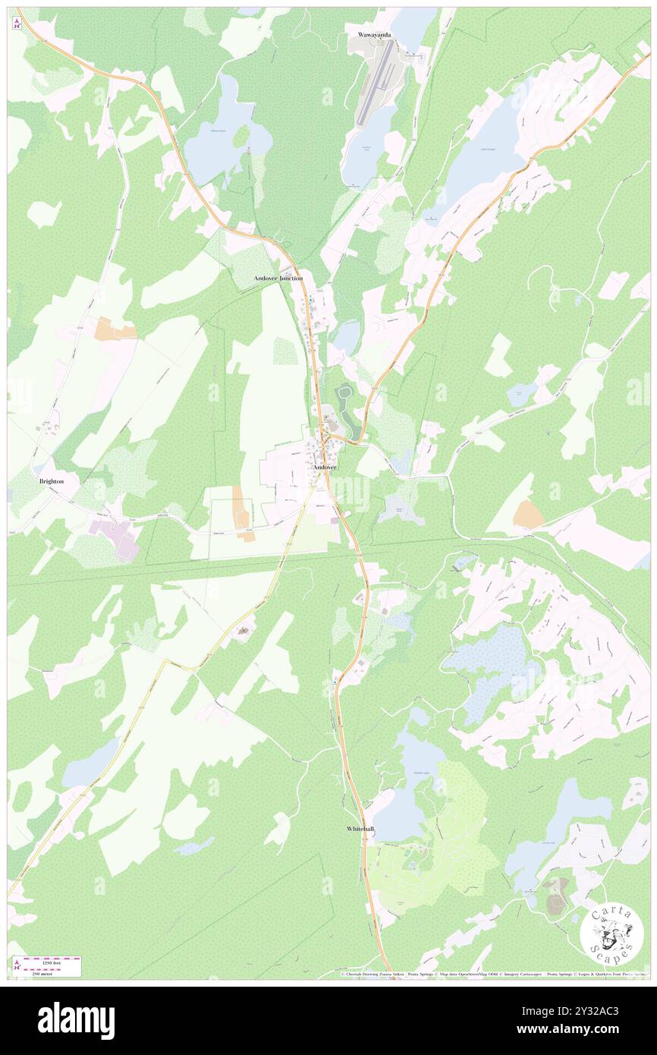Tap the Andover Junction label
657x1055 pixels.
pos(278,279)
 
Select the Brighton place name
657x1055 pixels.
pos(52,481)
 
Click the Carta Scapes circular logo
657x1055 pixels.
pos(611,933)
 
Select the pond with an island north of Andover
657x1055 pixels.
pos(345,394)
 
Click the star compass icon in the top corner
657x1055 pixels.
pos(17,22)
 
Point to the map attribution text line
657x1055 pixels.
pos(493,974)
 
